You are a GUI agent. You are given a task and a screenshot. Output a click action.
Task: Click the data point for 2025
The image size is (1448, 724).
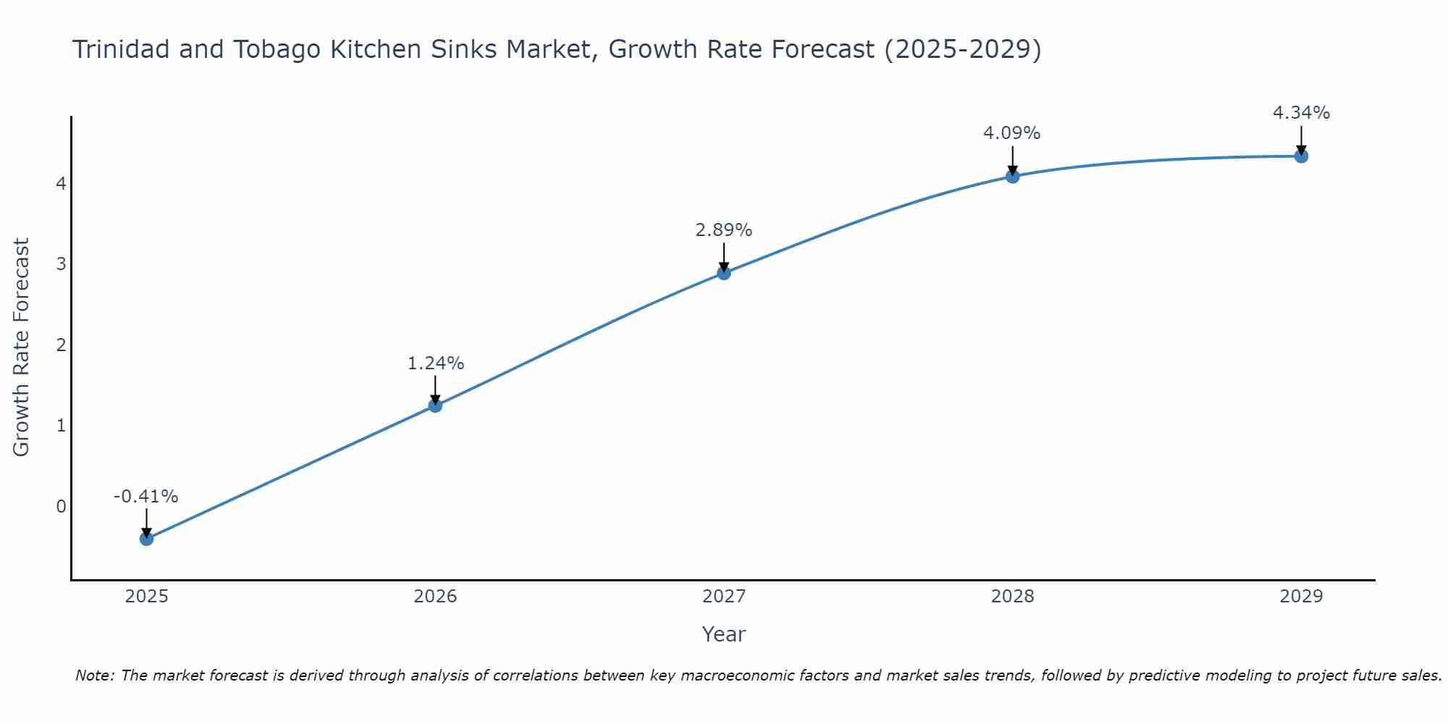coord(146,539)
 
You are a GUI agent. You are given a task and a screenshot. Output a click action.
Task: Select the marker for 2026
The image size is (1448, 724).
coord(435,405)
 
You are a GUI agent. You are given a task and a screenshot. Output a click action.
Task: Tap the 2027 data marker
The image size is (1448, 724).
coord(724,273)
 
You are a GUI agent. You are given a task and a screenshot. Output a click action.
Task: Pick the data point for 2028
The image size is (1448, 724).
coord(1012,176)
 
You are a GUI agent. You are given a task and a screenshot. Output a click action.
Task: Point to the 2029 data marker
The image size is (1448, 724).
coord(1301,156)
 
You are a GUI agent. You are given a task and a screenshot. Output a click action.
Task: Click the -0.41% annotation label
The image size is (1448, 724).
coord(146,497)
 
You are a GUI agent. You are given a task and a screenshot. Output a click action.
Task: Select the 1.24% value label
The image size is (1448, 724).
coord(435,363)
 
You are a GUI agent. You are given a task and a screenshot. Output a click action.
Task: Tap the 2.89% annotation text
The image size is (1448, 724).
coord(724,230)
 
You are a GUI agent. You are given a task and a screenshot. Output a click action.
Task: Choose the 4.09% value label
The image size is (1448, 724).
coord(1012,133)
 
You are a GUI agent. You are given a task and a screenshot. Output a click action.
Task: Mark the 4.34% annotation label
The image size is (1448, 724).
coord(1301,113)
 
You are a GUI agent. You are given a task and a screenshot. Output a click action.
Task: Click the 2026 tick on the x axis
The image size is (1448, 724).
coord(435,597)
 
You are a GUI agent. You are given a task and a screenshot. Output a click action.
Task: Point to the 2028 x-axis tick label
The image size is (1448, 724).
coord(1012,597)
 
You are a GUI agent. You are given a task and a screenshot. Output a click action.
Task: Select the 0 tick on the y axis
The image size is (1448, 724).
coord(61,506)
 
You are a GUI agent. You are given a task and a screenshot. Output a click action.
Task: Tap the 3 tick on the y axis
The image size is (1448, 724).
coord(61,264)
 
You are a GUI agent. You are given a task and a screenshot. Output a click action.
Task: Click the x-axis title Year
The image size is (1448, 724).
coord(724,634)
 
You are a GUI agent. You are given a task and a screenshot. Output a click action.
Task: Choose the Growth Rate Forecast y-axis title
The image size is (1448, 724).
coord(22,348)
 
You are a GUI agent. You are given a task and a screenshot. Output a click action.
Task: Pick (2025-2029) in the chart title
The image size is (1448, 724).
coord(963,49)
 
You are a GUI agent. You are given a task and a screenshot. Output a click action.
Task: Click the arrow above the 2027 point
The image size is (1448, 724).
coord(724,256)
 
